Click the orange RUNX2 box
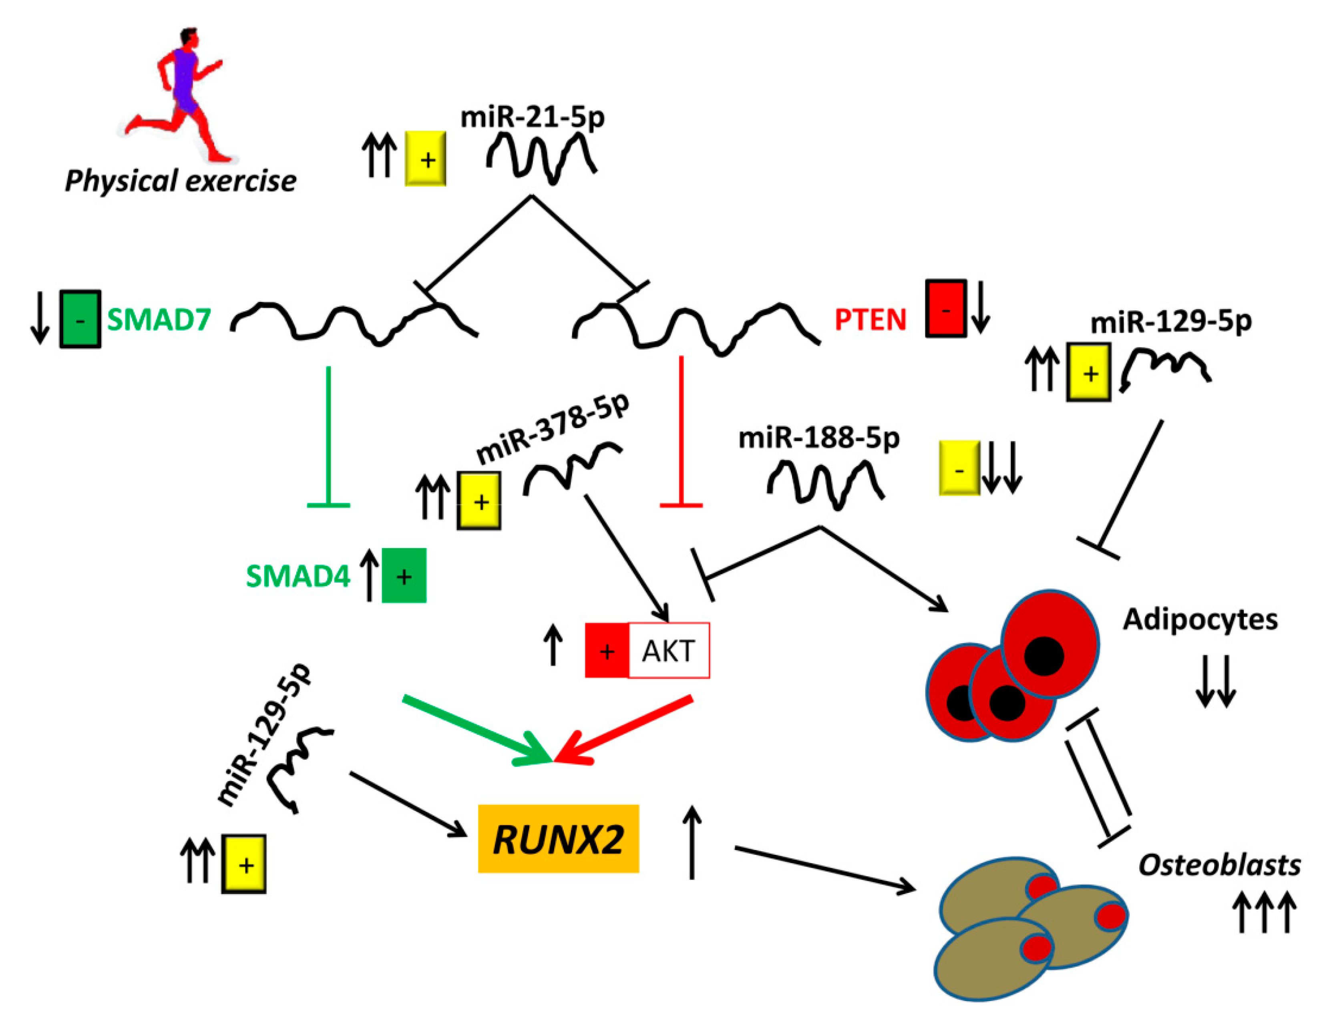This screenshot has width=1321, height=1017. (558, 839)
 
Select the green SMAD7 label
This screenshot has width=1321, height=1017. (159, 319)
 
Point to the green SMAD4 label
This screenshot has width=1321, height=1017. (298, 576)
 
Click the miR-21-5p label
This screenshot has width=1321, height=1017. (532, 117)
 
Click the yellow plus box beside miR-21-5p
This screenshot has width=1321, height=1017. (425, 159)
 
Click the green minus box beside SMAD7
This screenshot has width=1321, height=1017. (80, 319)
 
